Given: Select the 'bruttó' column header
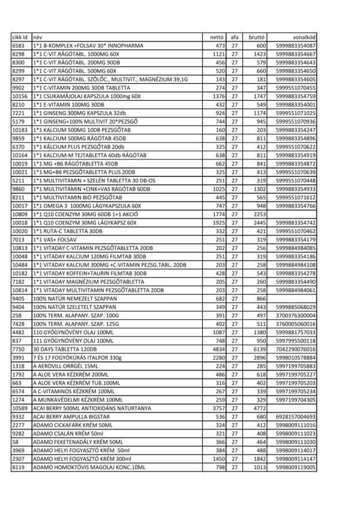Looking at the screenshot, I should (x=257, y=37).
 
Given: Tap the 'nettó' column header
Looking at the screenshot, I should (x=215, y=37).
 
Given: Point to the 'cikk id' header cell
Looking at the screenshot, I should (x=20, y=37).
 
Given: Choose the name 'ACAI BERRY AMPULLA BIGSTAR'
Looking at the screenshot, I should (x=71, y=416).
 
